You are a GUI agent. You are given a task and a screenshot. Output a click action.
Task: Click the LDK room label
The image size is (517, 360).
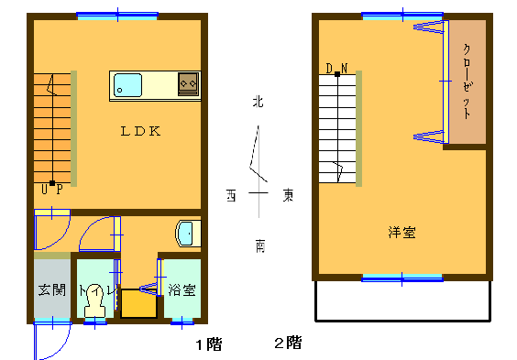point(141,131)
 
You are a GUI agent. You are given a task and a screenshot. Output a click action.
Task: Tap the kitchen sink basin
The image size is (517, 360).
point(128,85)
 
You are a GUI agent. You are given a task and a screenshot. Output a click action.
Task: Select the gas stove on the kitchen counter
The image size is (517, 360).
point(189,84)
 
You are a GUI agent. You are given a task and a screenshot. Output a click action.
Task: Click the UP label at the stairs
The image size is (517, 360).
point(52,190)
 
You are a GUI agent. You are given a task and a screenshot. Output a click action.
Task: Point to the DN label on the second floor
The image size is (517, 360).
point(336,69)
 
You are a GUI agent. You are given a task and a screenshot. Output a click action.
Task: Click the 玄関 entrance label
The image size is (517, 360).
point(52,290)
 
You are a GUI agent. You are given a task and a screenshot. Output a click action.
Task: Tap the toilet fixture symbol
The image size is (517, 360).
point(94,300)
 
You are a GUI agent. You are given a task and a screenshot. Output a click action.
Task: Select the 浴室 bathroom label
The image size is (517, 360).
point(182,290)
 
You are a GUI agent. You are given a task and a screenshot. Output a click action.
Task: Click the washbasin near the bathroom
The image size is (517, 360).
point(188,234)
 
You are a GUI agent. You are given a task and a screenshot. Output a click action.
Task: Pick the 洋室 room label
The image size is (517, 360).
point(401,232)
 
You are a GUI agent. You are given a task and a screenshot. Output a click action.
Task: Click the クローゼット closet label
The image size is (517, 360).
point(467,82)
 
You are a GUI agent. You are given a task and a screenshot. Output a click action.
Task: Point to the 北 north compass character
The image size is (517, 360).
point(258,102)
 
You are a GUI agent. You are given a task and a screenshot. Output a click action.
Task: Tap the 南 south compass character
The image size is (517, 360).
point(260,246)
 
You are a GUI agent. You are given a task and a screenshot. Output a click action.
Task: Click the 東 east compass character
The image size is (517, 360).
point(288,195)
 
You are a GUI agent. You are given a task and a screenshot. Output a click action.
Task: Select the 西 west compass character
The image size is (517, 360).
point(231,195)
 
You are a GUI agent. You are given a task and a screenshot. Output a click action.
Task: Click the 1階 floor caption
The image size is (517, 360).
point(209,344)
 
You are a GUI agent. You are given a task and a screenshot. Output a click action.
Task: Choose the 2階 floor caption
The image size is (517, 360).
point(288,343)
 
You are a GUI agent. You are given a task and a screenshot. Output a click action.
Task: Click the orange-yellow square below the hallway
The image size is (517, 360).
point(138,303)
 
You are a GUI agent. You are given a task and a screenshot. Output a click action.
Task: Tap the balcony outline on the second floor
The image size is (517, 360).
point(403,320)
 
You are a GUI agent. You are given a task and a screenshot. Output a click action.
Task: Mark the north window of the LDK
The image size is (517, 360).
point(117,16)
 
